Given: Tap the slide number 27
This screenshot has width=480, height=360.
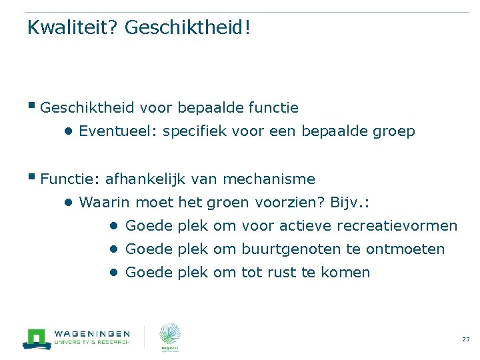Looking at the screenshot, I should [465, 340].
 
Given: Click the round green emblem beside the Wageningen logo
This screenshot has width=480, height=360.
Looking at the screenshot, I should [169, 335].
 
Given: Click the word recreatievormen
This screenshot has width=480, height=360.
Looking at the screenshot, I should [397, 226].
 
